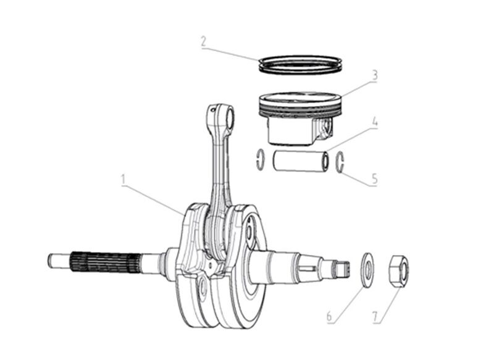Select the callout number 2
[x=203, y=42]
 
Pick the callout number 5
[x=374, y=179]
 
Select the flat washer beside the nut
[x=366, y=269]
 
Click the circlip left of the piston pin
[x=260, y=158]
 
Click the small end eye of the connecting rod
[x=222, y=114]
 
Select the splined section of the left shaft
[x=103, y=261]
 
